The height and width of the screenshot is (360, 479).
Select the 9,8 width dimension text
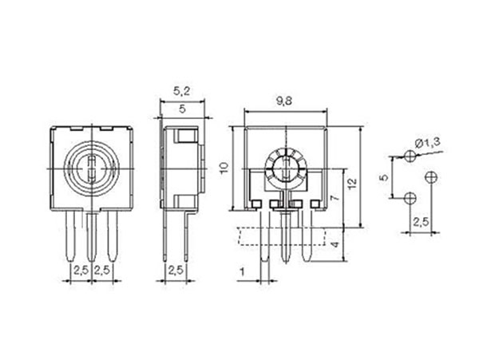(283, 101)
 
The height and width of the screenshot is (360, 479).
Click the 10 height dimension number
(225, 168)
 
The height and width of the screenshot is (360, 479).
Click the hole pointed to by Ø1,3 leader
(410, 158)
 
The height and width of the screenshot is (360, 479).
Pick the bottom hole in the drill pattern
(410, 196)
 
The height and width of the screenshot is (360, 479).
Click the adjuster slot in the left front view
(92, 168)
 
